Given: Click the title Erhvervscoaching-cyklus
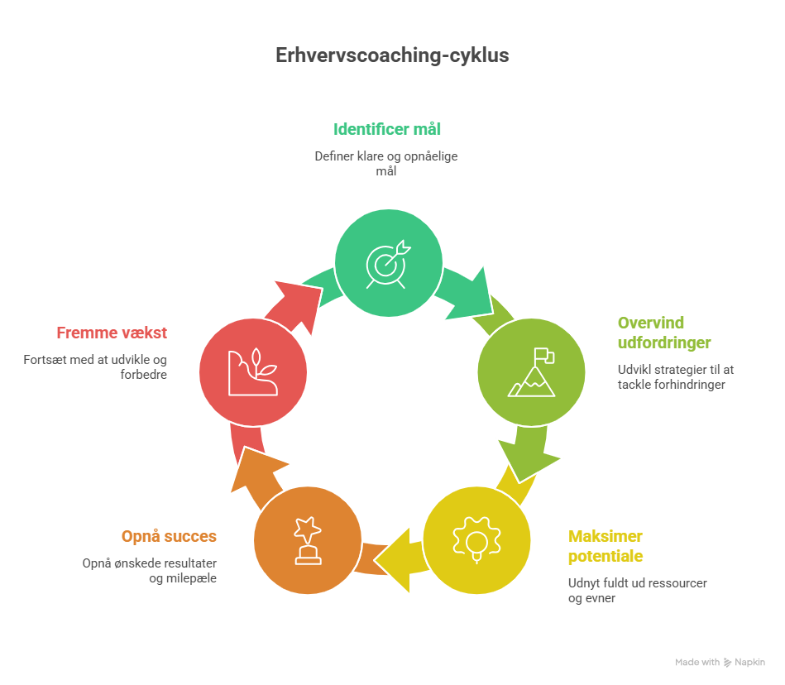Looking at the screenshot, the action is pyautogui.click(x=392, y=55).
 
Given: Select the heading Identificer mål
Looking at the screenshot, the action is pyautogui.click(x=387, y=129).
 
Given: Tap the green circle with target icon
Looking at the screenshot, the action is pyautogui.click(x=389, y=263).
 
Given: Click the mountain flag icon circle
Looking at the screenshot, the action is pyautogui.click(x=532, y=372).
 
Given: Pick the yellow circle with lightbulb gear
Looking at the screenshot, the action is pyautogui.click(x=476, y=540).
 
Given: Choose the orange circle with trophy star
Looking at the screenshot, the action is pyautogui.click(x=308, y=540).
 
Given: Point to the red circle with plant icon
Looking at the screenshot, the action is pyautogui.click(x=253, y=372).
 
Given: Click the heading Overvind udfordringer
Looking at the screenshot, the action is pyautogui.click(x=664, y=333).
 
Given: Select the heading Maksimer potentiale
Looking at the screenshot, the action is pyautogui.click(x=606, y=546).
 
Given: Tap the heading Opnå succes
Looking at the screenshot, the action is pyautogui.click(x=170, y=536).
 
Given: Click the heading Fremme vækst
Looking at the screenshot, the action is pyautogui.click(x=112, y=333).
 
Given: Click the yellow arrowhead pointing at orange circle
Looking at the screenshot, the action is pyautogui.click(x=395, y=560).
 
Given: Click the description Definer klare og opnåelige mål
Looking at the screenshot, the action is pyautogui.click(x=386, y=164).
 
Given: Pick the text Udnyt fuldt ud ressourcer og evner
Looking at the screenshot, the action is pyautogui.click(x=637, y=591).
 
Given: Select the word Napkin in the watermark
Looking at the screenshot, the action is pyautogui.click(x=749, y=662).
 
